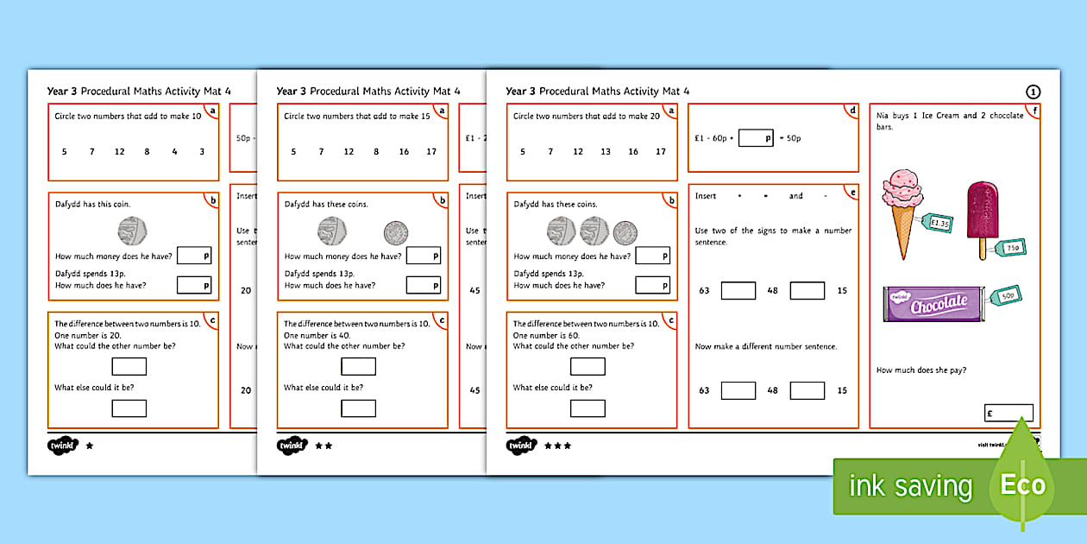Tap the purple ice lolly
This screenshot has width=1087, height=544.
[981, 216]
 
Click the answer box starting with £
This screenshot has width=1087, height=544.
[1008, 413]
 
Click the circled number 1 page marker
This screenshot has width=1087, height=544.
[1033, 92]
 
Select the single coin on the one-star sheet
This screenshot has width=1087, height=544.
[132, 231]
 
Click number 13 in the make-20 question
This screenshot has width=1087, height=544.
[605, 152]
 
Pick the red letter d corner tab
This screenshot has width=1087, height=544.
[852, 111]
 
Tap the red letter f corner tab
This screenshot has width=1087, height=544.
[1035, 111]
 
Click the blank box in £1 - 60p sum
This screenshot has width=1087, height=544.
[756, 137]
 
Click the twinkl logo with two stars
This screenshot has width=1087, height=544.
[292, 446]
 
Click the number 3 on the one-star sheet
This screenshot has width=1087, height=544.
[202, 152]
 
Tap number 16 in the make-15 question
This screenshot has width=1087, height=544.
[404, 152]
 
